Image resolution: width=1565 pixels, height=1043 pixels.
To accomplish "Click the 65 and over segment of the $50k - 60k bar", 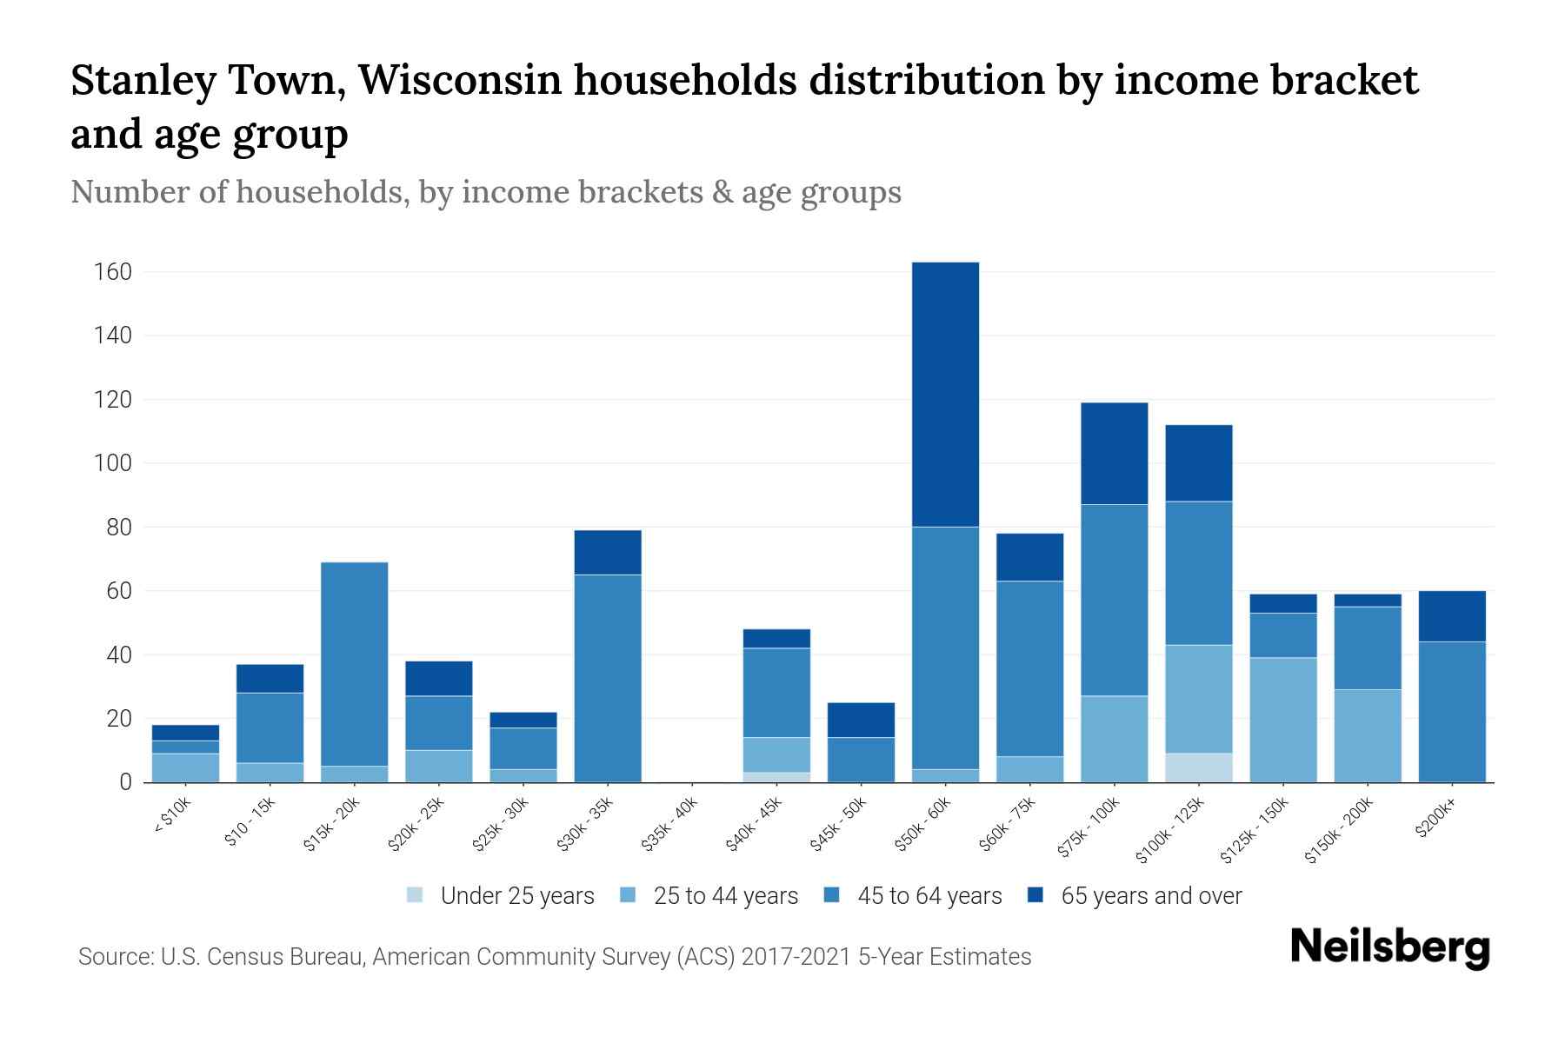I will coord(945,395).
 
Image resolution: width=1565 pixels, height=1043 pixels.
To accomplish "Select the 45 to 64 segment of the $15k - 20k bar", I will coord(354,664).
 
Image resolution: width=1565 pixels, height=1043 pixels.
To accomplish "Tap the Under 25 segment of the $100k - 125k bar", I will coord(1199,767).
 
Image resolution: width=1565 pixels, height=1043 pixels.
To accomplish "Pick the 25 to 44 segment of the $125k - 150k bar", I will coord(1283,720).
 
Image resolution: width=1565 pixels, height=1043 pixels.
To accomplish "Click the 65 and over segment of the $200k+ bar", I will coord(1452,616).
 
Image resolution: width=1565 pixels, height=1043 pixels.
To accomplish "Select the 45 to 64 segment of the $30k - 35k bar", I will coord(608,678).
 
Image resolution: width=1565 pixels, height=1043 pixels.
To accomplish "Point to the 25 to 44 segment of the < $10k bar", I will coord(185,767).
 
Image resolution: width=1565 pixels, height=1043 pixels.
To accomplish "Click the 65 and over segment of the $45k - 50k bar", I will coord(861,720).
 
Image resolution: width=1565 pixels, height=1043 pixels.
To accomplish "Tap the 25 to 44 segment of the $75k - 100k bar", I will coord(1114,739).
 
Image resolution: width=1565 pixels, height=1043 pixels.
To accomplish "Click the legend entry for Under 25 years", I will coord(516,896).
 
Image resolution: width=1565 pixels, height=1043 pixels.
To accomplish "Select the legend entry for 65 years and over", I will coord(1150,896).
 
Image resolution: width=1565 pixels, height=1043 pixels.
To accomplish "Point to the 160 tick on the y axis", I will coord(113,273).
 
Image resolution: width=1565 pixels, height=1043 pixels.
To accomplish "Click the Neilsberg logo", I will coord(1389,947).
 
